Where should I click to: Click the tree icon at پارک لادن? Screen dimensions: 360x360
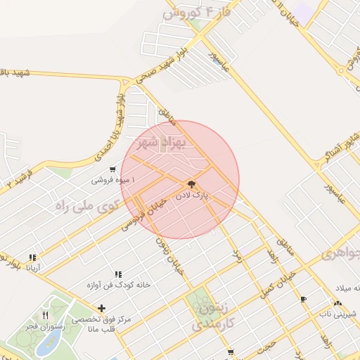pyautogui.click(x=192, y=184)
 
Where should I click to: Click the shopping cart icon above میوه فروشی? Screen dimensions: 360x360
pyautogui.click(x=112, y=169)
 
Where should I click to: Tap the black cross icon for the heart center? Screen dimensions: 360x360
pyautogui.click(x=102, y=308)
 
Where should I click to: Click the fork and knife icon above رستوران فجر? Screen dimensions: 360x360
pyautogui.click(x=46, y=314)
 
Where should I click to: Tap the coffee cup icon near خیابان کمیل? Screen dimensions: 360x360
pyautogui.click(x=303, y=299)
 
